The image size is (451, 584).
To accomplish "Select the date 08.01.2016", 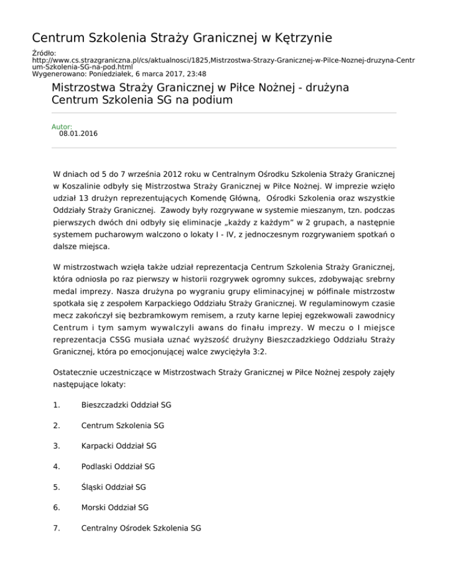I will tap(78, 134).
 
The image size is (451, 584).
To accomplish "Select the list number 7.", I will tap(56, 528).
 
